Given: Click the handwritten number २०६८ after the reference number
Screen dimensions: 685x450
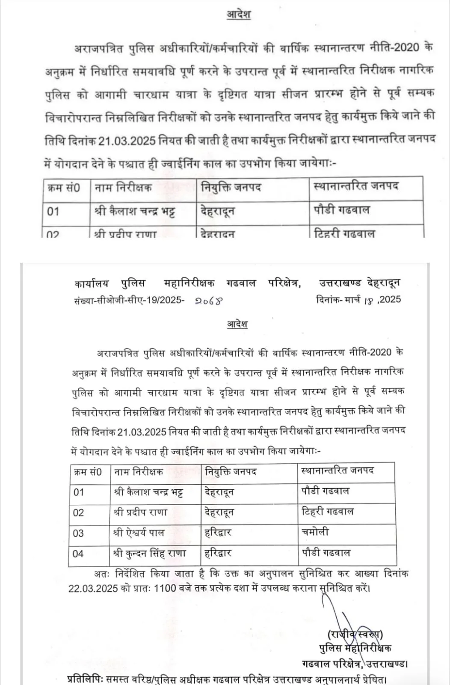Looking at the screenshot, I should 209,301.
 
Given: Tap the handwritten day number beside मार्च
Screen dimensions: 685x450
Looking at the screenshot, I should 369,301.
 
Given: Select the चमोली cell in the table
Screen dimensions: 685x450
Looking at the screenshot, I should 315,532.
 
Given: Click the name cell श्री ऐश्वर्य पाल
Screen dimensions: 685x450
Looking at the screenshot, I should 139,533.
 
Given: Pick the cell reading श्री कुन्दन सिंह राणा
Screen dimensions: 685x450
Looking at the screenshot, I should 150,553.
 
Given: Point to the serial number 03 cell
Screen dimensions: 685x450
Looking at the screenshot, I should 79,533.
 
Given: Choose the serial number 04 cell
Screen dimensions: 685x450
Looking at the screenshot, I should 78,554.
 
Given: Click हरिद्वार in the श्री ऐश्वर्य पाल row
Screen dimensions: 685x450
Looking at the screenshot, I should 218,533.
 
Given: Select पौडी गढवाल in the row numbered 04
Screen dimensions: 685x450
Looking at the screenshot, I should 326,552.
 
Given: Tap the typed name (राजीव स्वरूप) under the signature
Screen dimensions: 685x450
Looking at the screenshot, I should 355,634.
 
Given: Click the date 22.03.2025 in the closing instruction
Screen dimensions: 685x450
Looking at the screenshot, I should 93,589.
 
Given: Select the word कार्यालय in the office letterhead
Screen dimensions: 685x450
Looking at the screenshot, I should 92,283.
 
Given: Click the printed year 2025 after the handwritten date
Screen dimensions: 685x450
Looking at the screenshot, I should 390,299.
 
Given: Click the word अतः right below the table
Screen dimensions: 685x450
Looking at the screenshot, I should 102,574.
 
